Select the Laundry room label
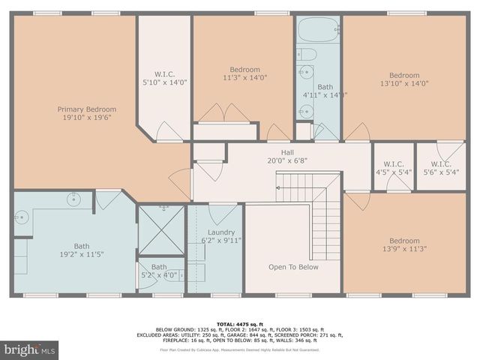[221, 232]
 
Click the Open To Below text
[293, 267]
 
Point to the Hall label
[277, 151]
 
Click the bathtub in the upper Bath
[317, 31]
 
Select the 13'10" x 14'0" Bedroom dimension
[404, 84]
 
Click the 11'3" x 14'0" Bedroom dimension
[244, 77]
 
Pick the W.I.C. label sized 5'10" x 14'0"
[164, 73]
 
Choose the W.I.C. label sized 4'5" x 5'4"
[394, 163]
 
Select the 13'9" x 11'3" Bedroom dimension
[403, 250]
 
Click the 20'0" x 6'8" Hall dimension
[277, 160]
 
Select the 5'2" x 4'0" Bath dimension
[159, 274]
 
